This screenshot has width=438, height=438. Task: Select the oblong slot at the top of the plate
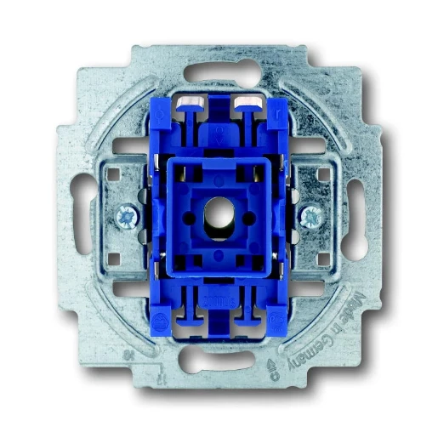219,71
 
